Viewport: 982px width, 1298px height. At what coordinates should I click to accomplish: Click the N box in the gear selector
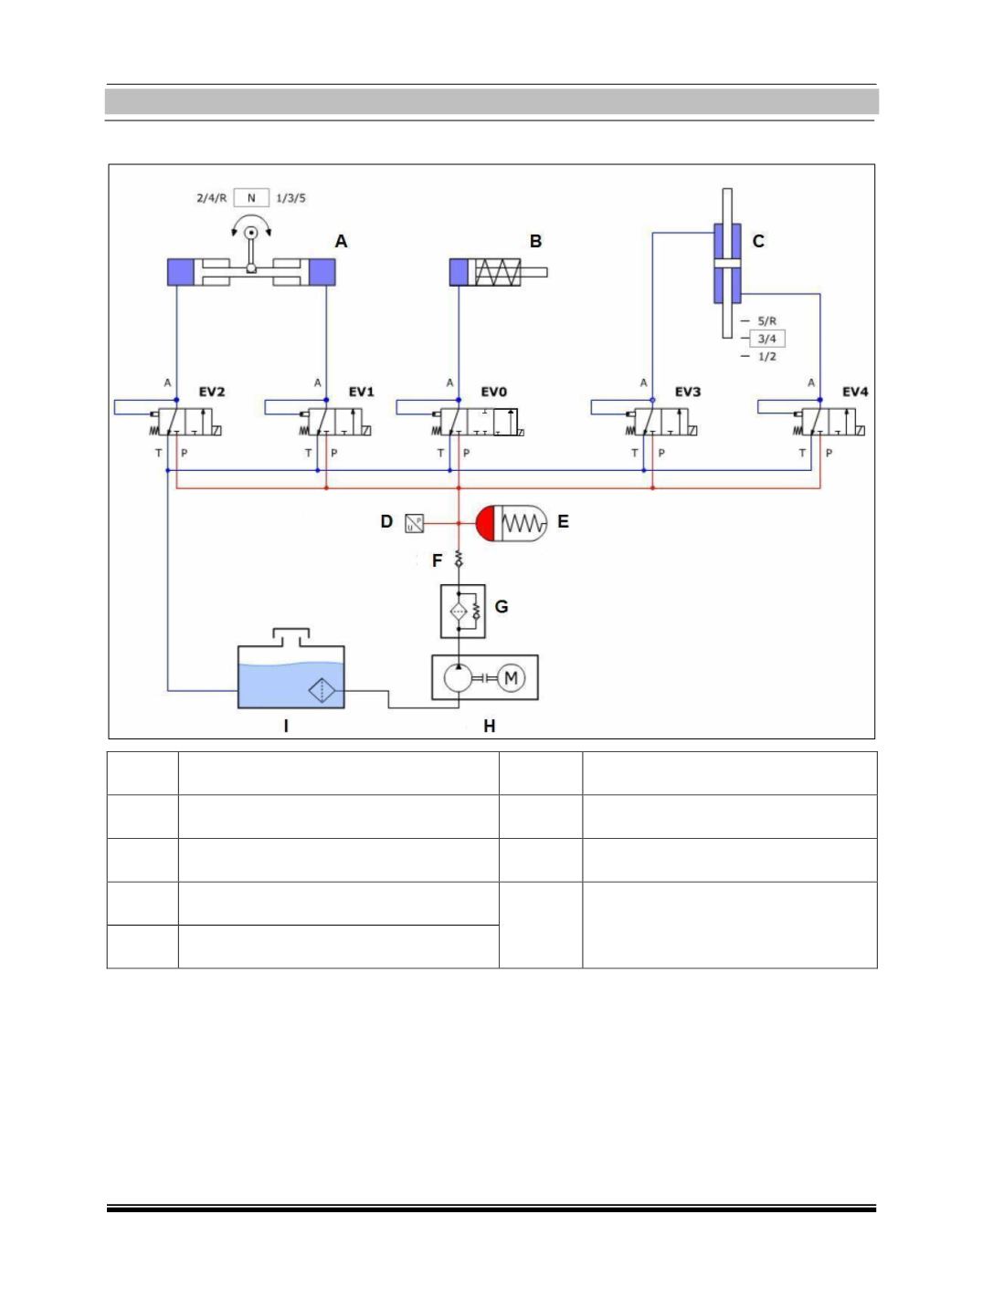point(251,197)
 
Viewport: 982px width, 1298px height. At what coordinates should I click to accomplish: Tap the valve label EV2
point(211,392)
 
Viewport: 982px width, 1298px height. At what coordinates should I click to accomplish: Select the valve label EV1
point(361,392)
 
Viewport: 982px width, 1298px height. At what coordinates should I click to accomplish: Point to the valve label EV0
point(493,392)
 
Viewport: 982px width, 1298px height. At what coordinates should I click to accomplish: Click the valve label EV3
point(687,392)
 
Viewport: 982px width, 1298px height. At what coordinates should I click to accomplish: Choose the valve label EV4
point(855,392)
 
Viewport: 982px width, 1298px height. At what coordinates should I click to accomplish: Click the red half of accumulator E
point(486,523)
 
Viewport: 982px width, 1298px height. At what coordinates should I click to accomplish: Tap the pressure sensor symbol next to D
point(414,523)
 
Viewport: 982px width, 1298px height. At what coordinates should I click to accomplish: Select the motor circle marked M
point(511,677)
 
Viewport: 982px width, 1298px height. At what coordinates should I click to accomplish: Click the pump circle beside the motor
point(458,677)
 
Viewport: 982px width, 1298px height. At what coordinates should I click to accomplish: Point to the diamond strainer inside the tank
point(322,690)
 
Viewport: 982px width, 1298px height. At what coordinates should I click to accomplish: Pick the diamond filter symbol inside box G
point(459,611)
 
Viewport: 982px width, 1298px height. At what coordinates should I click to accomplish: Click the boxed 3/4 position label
point(766,339)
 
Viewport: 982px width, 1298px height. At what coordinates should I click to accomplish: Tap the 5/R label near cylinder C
point(766,321)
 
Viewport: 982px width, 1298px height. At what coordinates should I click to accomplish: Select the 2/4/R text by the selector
point(211,198)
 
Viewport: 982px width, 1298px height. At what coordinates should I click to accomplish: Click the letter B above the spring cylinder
point(535,241)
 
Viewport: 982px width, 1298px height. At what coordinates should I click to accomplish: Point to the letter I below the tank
point(286,727)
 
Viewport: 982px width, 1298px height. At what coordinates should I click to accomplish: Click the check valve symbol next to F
point(459,559)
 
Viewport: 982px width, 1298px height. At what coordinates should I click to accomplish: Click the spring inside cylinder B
point(498,272)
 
